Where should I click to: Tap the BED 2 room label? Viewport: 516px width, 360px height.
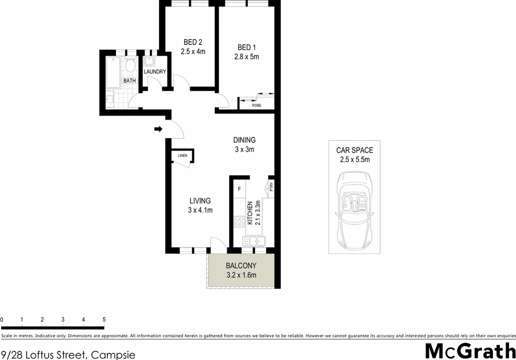click(193, 42)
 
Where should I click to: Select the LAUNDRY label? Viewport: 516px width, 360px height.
click(155, 72)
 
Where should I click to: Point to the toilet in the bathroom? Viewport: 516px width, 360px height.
click(130, 66)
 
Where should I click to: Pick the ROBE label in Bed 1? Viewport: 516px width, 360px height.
click(256, 105)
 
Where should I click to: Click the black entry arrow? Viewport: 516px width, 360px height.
click(158, 129)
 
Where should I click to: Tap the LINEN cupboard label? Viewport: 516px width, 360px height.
click(182, 155)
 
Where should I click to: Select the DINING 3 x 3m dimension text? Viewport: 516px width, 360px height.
click(245, 150)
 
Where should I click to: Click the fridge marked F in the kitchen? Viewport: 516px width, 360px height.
click(239, 189)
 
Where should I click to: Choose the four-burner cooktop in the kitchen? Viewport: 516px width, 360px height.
click(240, 221)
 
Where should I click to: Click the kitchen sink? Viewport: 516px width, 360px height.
click(253, 240)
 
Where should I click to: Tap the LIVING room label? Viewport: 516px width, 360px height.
click(200, 201)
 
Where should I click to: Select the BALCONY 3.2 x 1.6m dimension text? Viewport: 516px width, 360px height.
click(241, 275)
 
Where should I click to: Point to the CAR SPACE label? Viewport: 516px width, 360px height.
click(354, 151)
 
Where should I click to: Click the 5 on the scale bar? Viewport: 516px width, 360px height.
click(104, 320)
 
